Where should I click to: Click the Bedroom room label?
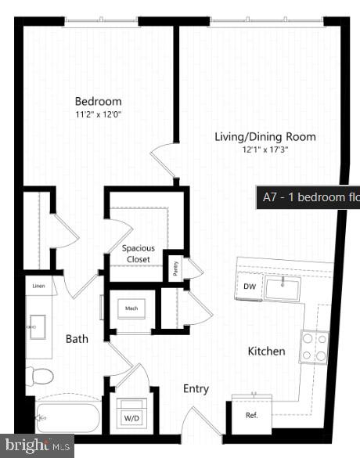tap(98, 101)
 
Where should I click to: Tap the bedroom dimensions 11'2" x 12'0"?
tap(98, 114)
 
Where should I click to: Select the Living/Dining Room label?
tap(265, 137)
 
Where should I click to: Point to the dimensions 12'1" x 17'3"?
tap(265, 150)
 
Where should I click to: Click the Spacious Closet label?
tap(138, 254)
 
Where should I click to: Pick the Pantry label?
tap(175, 269)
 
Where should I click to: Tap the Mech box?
tap(131, 308)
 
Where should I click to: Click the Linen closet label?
tap(38, 287)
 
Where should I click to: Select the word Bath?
tap(77, 339)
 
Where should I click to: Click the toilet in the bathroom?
tap(40, 377)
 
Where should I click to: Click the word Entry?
tap(196, 388)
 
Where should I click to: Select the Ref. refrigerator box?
tap(251, 415)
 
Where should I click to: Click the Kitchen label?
tap(267, 352)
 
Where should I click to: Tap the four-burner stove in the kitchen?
tap(314, 347)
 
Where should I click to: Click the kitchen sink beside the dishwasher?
tap(283, 289)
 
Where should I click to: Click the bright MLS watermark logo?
tap(37, 446)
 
